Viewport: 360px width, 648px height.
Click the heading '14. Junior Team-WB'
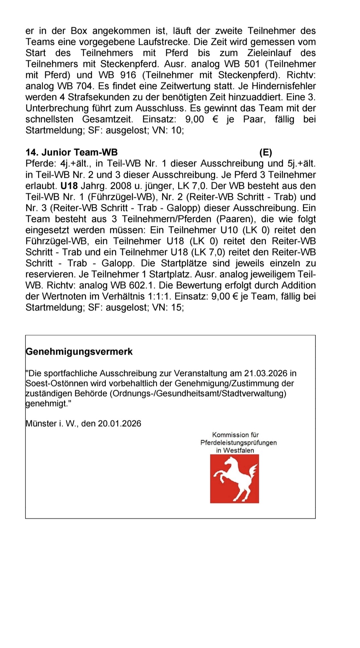tap(72, 152)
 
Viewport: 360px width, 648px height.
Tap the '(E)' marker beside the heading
tap(266, 152)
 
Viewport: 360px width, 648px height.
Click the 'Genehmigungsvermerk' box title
tap(79, 352)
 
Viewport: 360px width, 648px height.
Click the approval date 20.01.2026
tap(120, 423)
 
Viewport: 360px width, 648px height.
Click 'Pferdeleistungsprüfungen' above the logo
tap(238, 442)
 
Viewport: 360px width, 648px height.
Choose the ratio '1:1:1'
tap(159, 296)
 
